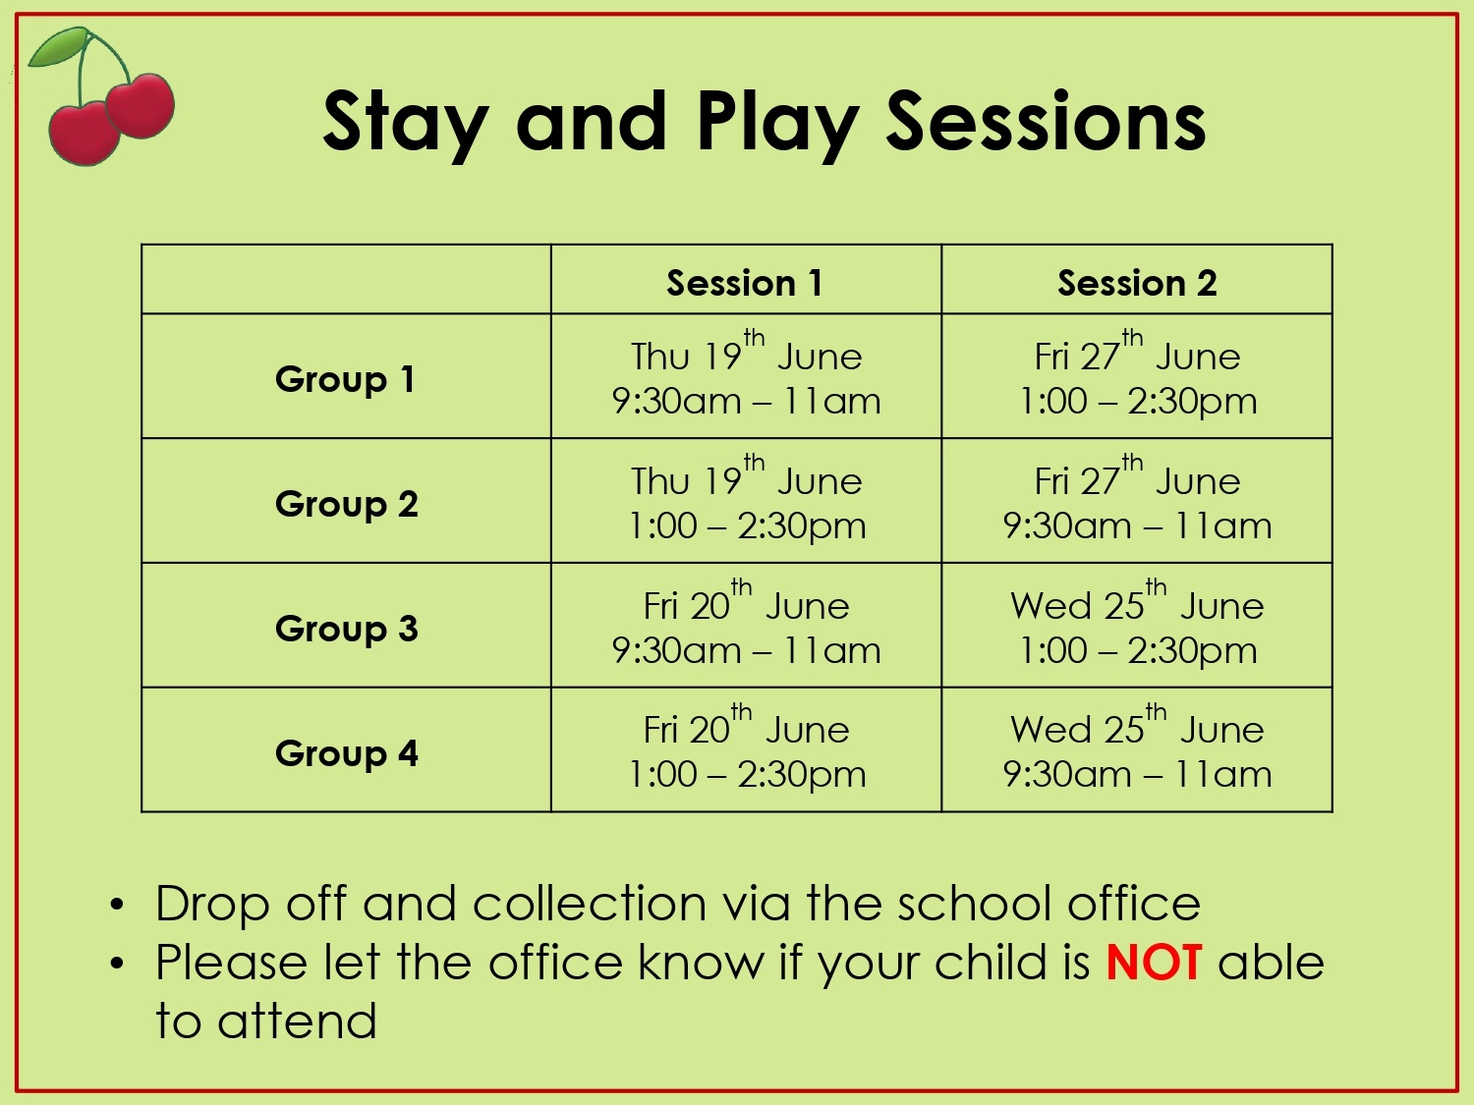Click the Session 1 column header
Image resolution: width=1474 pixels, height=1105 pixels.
click(x=744, y=283)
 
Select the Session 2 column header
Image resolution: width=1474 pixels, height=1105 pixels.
click(x=1137, y=283)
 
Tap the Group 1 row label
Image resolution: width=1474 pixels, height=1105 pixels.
click(x=345, y=380)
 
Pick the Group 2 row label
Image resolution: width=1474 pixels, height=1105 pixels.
click(x=347, y=505)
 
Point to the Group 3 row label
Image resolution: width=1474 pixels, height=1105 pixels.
click(x=347, y=630)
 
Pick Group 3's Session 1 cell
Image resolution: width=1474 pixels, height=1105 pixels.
click(x=746, y=624)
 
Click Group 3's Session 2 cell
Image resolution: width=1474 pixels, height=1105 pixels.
click(x=1138, y=624)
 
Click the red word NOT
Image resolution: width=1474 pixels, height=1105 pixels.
click(x=1154, y=963)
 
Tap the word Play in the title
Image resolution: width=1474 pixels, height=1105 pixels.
click(x=778, y=125)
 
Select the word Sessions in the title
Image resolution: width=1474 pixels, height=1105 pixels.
click(x=1047, y=121)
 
